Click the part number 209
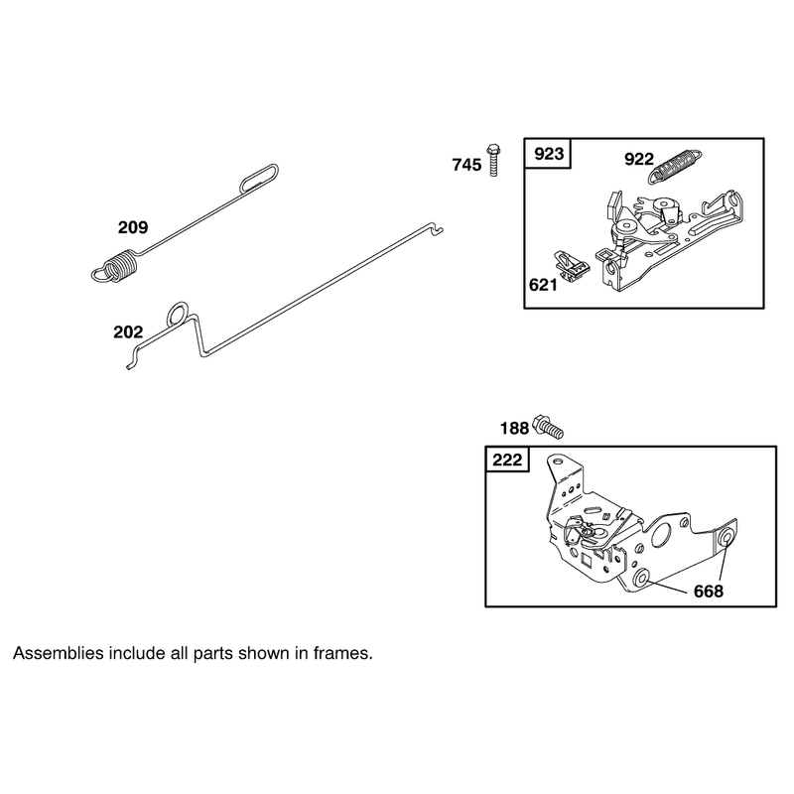[133, 227]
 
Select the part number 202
[128, 332]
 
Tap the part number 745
[466, 165]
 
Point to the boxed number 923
[549, 154]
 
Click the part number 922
[639, 159]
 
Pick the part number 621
[543, 285]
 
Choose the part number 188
[514, 429]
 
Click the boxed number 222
[507, 460]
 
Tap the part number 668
[709, 591]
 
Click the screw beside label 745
[493, 160]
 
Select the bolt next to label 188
[549, 427]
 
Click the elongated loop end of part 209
[259, 177]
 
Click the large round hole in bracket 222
[661, 536]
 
